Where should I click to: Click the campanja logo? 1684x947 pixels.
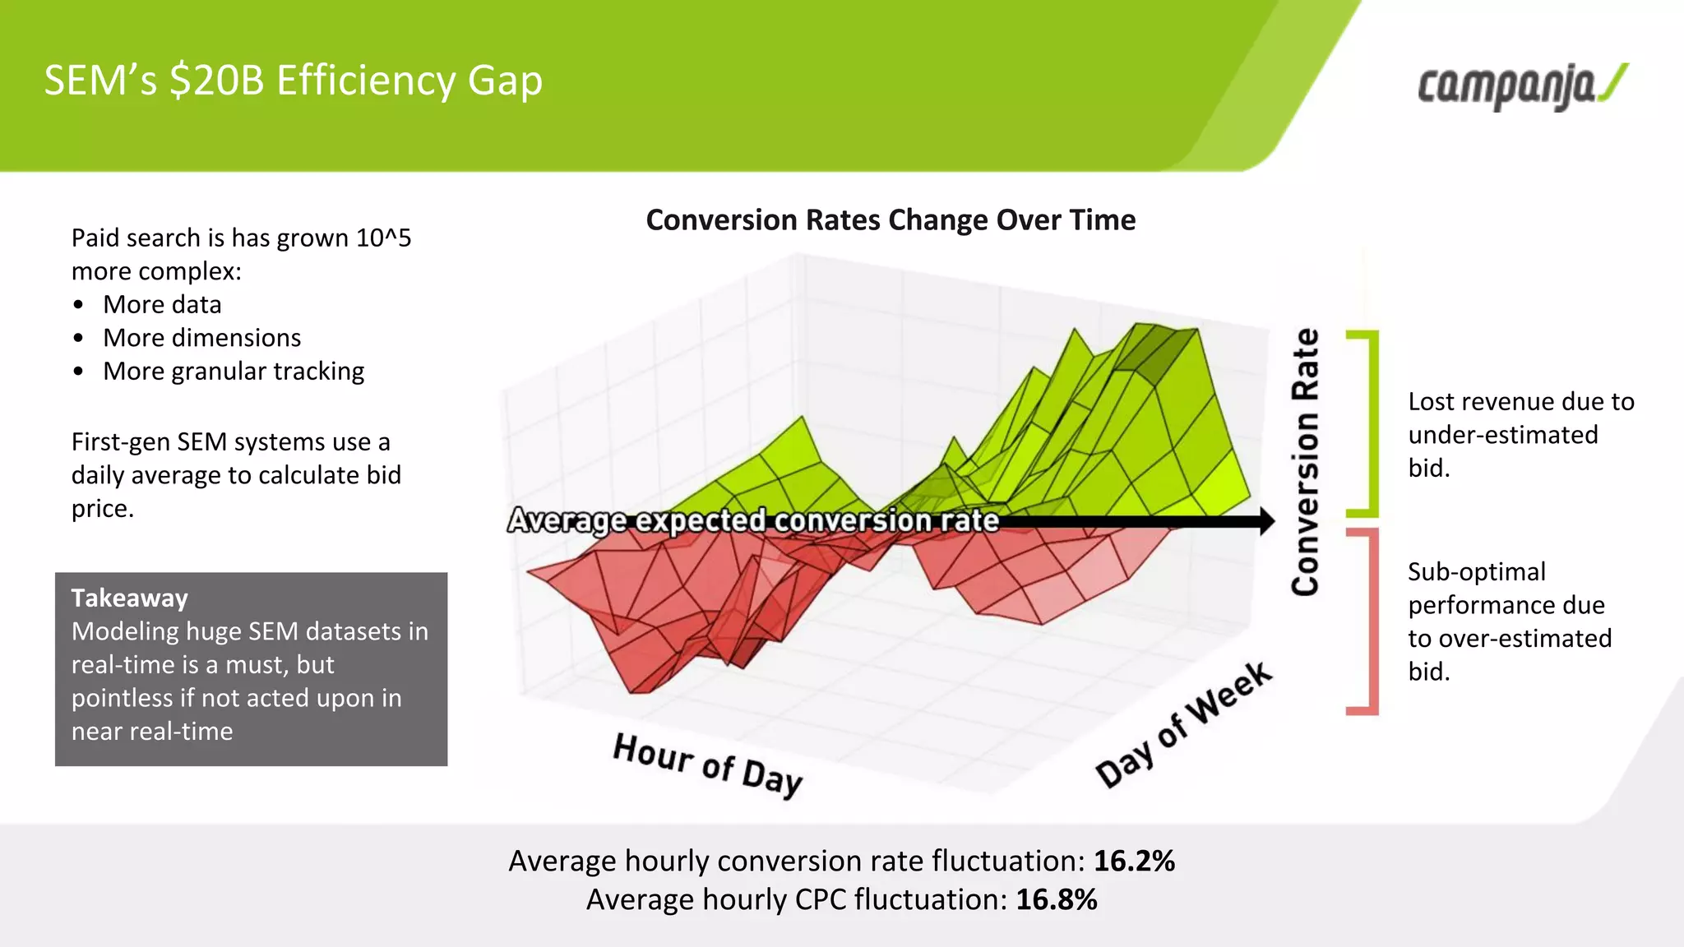pyautogui.click(x=1521, y=86)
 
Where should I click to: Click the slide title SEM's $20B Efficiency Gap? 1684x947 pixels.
pyautogui.click(x=293, y=81)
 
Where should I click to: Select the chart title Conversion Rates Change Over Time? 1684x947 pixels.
pyautogui.click(x=891, y=220)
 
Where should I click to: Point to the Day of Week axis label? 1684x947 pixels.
pyautogui.click(x=1184, y=724)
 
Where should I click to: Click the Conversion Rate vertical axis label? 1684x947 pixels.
pyautogui.click(x=1305, y=462)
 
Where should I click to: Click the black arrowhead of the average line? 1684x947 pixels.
pyautogui.click(x=1265, y=520)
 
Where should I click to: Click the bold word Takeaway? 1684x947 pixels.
pyautogui.click(x=129, y=598)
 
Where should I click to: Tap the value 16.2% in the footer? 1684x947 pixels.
pyautogui.click(x=1134, y=861)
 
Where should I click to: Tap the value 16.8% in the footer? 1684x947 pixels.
pyautogui.click(x=1056, y=899)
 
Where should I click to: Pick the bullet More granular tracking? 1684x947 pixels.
pyautogui.click(x=234, y=371)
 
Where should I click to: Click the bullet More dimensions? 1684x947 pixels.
pyautogui.click(x=201, y=338)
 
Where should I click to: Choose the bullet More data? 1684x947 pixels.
pyautogui.click(x=162, y=304)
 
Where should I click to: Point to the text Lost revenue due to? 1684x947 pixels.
pyautogui.click(x=1520, y=401)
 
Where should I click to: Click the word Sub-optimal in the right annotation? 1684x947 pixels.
pyautogui.click(x=1476, y=571)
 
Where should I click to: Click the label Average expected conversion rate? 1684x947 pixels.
pyautogui.click(x=752, y=520)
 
